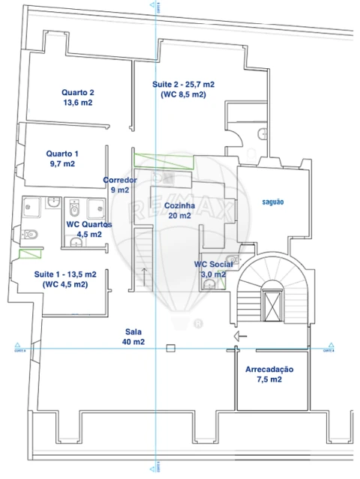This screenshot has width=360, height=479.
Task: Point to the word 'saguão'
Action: click(x=272, y=202)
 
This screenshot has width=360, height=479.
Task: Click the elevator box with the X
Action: click(x=271, y=304)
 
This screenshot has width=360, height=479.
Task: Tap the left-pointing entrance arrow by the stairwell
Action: click(x=240, y=336)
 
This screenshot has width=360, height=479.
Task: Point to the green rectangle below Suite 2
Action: click(x=163, y=160)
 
